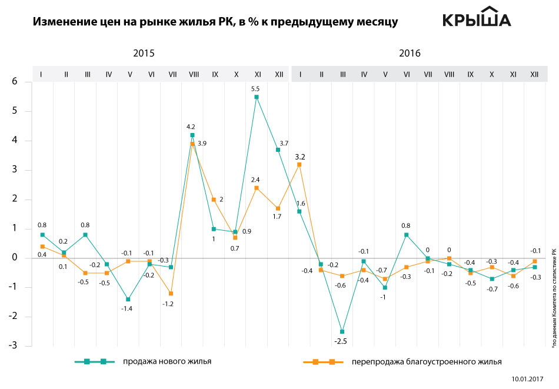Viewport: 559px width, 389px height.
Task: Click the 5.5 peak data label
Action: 255,89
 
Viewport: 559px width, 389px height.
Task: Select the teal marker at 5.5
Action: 257,97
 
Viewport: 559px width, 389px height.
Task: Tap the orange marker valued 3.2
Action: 299,165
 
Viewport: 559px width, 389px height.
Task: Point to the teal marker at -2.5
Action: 342,332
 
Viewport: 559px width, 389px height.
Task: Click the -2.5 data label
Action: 341,341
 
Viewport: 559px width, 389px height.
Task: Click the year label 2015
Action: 144,53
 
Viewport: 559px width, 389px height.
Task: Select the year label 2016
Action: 410,53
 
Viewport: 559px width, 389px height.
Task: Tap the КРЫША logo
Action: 477,18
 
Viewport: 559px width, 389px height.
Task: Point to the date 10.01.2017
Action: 527,380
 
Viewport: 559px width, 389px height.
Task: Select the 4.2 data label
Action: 191,127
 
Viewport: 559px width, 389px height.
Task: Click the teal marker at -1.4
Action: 128,300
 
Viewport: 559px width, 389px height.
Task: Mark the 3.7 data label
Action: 285,143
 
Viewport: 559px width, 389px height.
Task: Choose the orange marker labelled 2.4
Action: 257,188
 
